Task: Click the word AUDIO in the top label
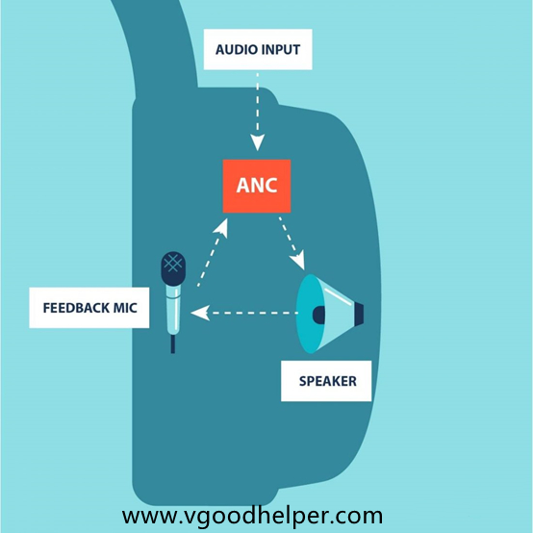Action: click(x=237, y=50)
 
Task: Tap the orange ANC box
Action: click(x=257, y=186)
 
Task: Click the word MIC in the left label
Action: click(x=125, y=308)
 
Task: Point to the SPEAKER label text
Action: click(x=328, y=381)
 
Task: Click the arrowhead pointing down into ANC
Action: click(x=257, y=142)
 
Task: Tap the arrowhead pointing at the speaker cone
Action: click(x=298, y=261)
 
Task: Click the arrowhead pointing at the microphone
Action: click(x=200, y=313)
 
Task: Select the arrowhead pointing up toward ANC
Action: click(x=221, y=226)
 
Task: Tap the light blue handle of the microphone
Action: click(x=173, y=310)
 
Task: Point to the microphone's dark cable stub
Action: click(x=173, y=344)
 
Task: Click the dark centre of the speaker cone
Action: click(x=318, y=315)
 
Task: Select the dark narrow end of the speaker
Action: click(x=359, y=314)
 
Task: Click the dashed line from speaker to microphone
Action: click(x=254, y=313)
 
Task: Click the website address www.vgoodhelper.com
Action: click(x=252, y=516)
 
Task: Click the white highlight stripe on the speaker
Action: click(x=339, y=295)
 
